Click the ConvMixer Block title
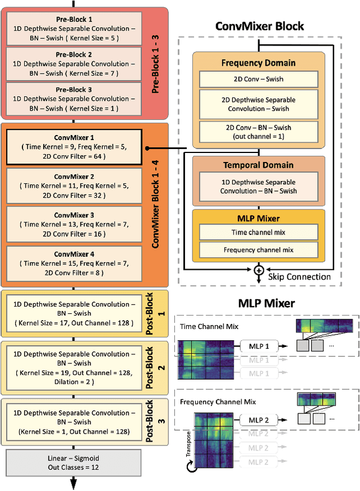coord(260,26)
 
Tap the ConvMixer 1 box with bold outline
coord(74,147)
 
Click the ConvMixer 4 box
coord(74,263)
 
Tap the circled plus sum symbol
coord(259,270)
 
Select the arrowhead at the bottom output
coord(74,485)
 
